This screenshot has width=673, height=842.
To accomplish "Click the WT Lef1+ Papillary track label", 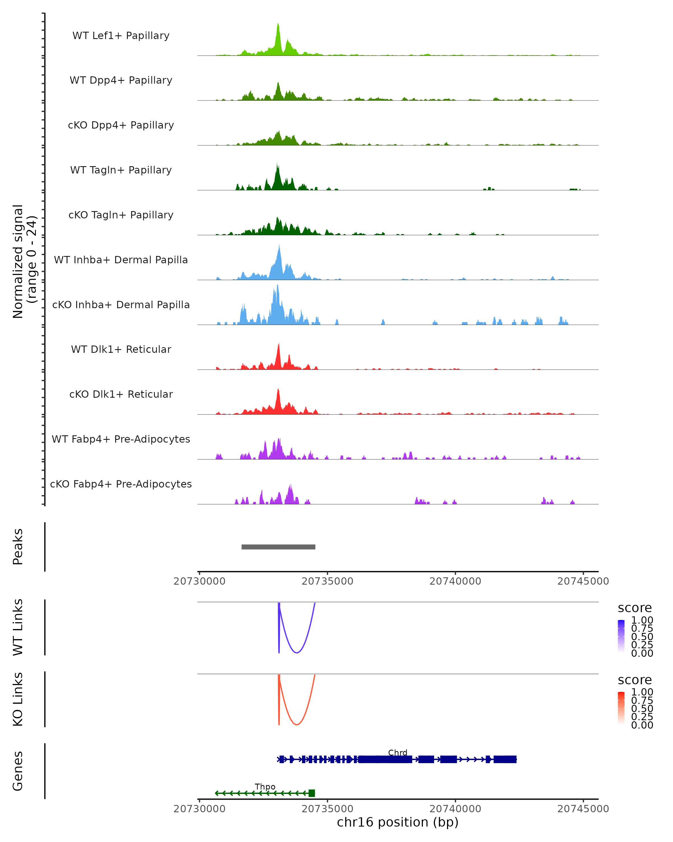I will pyautogui.click(x=121, y=36).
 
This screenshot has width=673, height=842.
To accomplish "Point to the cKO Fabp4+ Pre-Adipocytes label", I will pyautogui.click(x=121, y=484).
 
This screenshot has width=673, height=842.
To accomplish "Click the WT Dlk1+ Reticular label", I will pyautogui.click(x=121, y=349).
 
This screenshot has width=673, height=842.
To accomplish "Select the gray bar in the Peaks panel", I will pyautogui.click(x=278, y=547).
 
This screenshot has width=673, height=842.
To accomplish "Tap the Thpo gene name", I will pyautogui.click(x=265, y=786).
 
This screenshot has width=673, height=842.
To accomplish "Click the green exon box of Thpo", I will pyautogui.click(x=311, y=793).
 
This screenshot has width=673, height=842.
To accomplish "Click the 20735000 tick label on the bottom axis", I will pyautogui.click(x=327, y=809).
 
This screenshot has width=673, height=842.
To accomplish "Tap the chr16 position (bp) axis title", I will pyautogui.click(x=398, y=822).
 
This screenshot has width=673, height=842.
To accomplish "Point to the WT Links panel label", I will pyautogui.click(x=18, y=627).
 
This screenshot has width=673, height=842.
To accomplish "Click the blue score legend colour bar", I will pyautogui.click(x=621, y=636).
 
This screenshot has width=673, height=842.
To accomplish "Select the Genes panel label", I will pyautogui.click(x=18, y=771).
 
